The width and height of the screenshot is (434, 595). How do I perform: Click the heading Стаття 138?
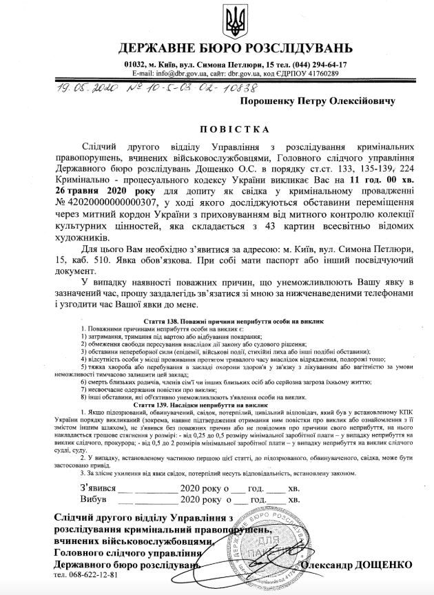point(165,322)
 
